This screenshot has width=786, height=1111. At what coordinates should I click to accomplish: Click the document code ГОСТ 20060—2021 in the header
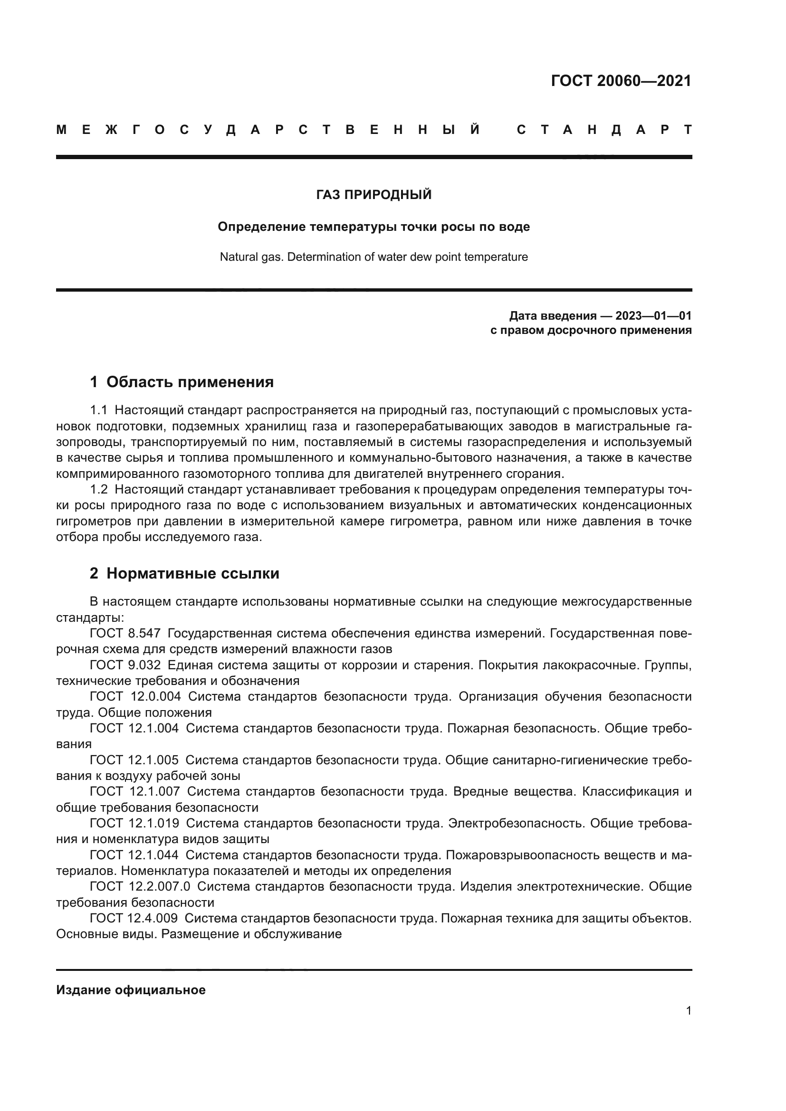pyautogui.click(x=621, y=81)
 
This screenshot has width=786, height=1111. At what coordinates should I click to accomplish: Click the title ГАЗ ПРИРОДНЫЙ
pyautogui.click(x=374, y=195)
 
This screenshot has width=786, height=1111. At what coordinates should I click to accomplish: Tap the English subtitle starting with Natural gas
pyautogui.click(x=374, y=257)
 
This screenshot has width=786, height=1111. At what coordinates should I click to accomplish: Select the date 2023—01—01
pyautogui.click(x=653, y=316)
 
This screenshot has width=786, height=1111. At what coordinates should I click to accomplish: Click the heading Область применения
pyautogui.click(x=190, y=382)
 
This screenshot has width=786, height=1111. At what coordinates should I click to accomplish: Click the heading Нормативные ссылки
pyautogui.click(x=192, y=573)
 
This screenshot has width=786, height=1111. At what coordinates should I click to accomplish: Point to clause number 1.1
pyautogui.click(x=98, y=411)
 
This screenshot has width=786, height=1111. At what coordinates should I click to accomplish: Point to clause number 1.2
pyautogui.click(x=98, y=490)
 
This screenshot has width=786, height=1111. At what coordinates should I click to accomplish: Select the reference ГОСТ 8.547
pyautogui.click(x=125, y=634)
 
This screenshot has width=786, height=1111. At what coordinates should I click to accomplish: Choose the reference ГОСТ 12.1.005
pyautogui.click(x=134, y=760)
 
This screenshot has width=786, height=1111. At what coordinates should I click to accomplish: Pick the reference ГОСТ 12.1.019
pyautogui.click(x=134, y=823)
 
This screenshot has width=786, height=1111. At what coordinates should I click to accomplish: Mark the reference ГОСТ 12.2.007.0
pyautogui.click(x=140, y=886)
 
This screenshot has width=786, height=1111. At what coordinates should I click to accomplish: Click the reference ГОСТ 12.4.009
pyautogui.click(x=134, y=918)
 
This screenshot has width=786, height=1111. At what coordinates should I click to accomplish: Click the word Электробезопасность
pyautogui.click(x=515, y=823)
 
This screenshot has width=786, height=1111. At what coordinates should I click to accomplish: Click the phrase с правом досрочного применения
pyautogui.click(x=591, y=331)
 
